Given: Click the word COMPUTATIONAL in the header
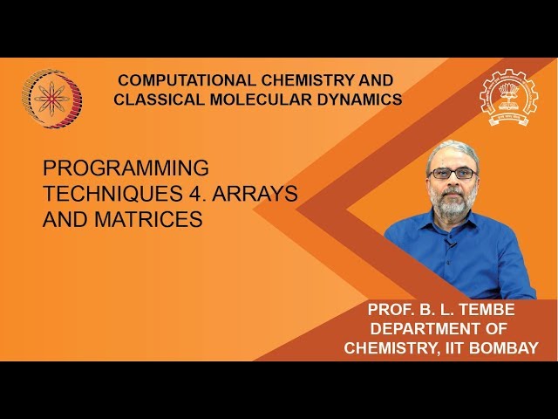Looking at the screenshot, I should click(x=174, y=79).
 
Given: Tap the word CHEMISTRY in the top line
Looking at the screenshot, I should click(x=295, y=79).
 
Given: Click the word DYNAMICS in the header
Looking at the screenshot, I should click(x=359, y=100).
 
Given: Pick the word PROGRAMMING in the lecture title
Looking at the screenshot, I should click(x=126, y=168).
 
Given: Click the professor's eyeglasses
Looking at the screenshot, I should click(x=453, y=173).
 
